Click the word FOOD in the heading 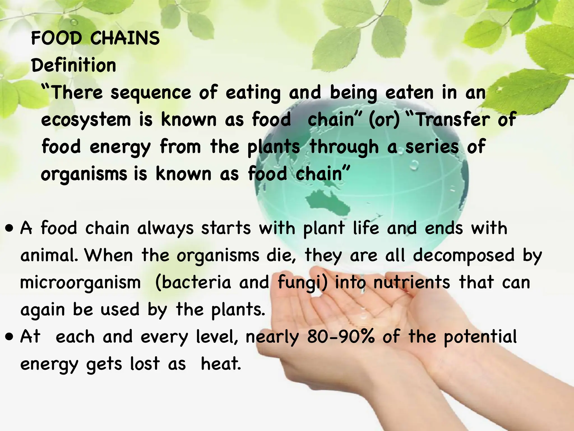tap(56, 38)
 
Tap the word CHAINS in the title tap(125, 38)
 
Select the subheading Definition tap(74, 65)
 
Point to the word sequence tap(151, 93)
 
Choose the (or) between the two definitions tap(384, 120)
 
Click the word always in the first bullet tap(165, 228)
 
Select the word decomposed tap(464, 255)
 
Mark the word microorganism tap(81, 282)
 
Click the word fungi tap(300, 283)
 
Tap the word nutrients tap(412, 282)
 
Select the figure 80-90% tap(341, 336)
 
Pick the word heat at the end tap(221, 364)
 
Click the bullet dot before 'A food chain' tap(10, 228)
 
